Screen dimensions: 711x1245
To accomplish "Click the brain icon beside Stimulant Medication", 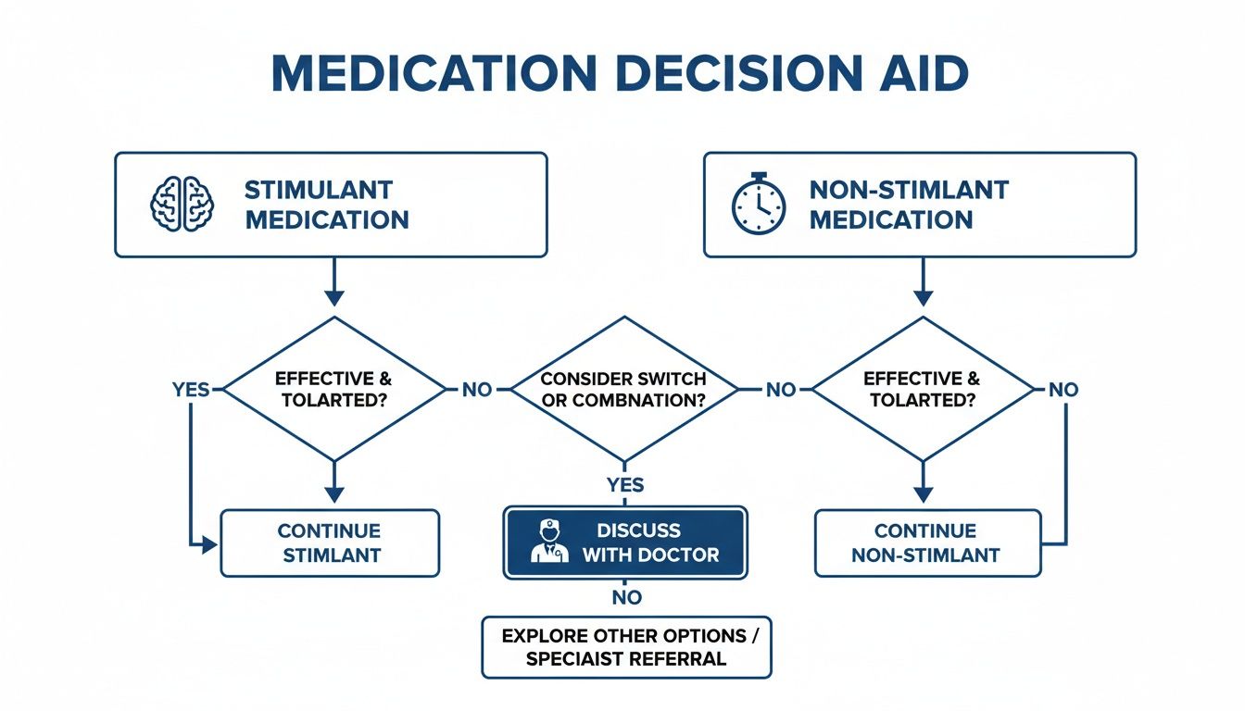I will [182, 204].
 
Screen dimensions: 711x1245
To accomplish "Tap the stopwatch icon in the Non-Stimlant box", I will [759, 204].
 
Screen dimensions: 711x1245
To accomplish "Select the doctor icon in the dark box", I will [549, 542].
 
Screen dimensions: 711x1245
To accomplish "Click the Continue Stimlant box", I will [329, 543].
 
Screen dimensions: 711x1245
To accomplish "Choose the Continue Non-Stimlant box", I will [925, 543].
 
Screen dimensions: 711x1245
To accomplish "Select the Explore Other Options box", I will [626, 648].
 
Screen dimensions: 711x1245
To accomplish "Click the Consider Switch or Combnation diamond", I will [623, 390].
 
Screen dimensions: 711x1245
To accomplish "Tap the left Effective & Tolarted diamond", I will [334, 390].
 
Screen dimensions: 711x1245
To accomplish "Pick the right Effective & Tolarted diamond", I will [922, 390].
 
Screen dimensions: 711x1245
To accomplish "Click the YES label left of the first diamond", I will [191, 390].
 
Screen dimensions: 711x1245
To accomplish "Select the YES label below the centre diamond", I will [625, 485].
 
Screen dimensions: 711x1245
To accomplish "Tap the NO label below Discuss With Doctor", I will [626, 598].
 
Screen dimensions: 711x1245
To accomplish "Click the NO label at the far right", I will [1063, 390].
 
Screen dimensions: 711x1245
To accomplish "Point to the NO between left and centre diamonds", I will [477, 390].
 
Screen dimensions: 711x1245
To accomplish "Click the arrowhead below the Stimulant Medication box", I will [334, 297].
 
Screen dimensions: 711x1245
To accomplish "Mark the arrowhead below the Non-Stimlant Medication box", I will [923, 297].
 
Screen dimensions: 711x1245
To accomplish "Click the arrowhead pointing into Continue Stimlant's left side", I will [210, 545].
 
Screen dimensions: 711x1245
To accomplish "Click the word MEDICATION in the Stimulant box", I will [326, 220].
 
